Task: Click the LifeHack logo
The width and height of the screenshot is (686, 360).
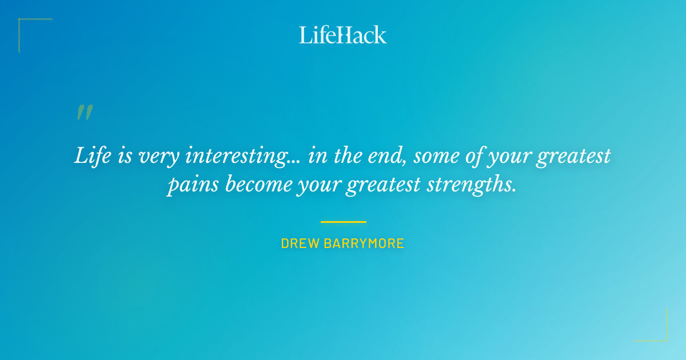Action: (343, 35)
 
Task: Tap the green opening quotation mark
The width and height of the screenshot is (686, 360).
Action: (84, 113)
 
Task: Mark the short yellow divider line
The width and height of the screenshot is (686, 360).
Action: (343, 222)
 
